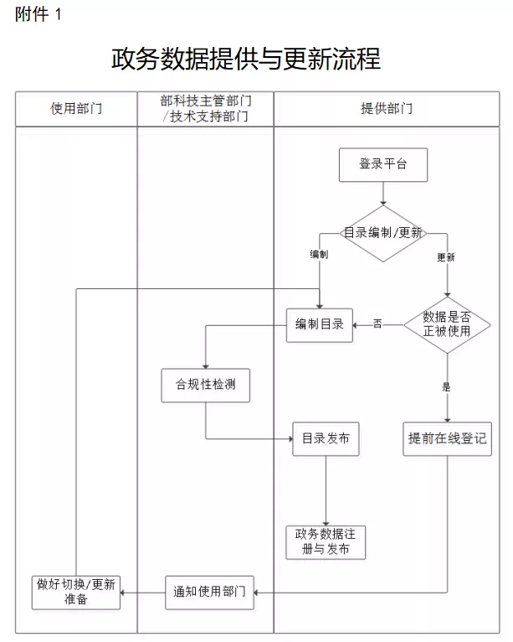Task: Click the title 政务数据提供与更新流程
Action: click(245, 59)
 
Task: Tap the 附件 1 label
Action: click(38, 15)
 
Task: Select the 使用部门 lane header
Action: click(76, 109)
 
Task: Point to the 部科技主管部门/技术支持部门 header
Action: click(205, 109)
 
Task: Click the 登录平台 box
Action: click(382, 164)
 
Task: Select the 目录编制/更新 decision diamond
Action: click(382, 233)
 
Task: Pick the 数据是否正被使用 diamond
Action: click(447, 324)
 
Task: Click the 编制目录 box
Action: click(319, 324)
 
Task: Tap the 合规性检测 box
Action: click(205, 386)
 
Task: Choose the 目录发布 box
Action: click(326, 438)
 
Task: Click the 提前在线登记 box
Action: click(447, 438)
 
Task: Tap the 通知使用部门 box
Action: click(205, 592)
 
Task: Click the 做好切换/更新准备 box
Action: click(76, 592)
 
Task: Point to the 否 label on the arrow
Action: click(377, 324)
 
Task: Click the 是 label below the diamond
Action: click(446, 386)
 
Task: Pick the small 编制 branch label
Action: click(319, 254)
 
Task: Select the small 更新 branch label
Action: click(446, 257)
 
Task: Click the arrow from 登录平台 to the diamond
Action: click(382, 194)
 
